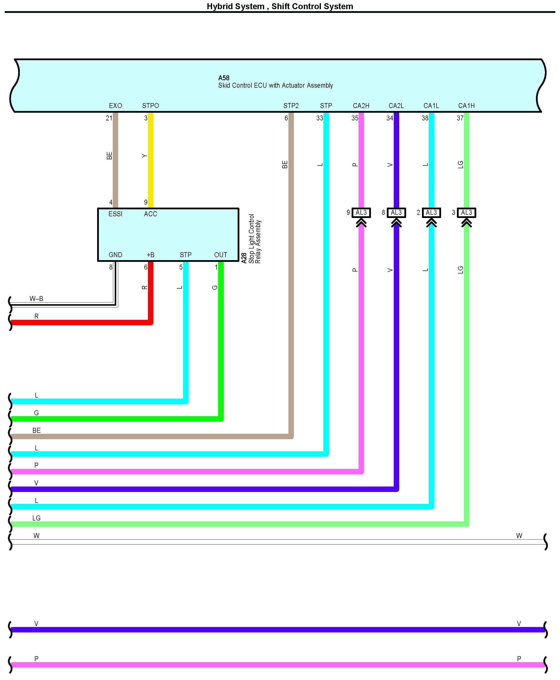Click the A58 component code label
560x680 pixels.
point(224,78)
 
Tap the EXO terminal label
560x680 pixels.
point(115,106)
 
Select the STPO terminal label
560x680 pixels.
point(151,106)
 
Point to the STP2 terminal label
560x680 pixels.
point(291,106)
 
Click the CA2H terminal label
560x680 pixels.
point(361,106)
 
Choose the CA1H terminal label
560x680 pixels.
point(466,106)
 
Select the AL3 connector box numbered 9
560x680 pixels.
point(361,213)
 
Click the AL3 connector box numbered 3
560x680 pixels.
point(466,213)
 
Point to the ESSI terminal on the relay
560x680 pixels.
point(115,214)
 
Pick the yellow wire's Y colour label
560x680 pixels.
point(144,156)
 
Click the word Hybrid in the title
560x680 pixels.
point(219,6)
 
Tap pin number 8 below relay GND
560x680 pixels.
point(111,267)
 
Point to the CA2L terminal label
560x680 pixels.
point(396,106)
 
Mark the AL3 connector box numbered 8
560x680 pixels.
point(396,213)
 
